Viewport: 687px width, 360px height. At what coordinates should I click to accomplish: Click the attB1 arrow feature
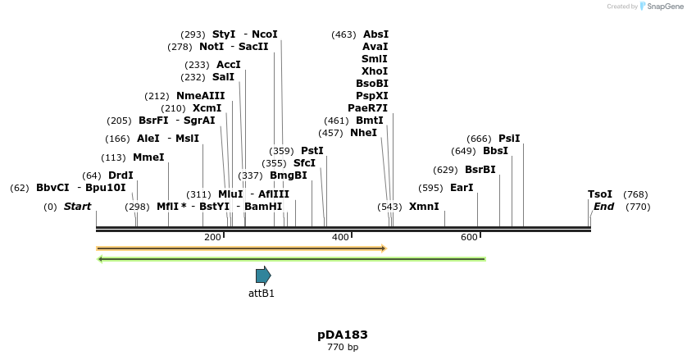(262, 276)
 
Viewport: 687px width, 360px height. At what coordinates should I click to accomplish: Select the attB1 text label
(262, 294)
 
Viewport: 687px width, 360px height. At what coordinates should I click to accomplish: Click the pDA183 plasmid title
(343, 335)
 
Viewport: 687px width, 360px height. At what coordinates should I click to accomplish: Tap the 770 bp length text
(343, 348)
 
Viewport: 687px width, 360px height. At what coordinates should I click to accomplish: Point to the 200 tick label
(212, 237)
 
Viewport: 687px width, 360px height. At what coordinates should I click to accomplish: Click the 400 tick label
(340, 237)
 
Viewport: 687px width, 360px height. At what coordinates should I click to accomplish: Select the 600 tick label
(469, 237)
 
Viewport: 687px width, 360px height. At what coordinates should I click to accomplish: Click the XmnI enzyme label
(424, 207)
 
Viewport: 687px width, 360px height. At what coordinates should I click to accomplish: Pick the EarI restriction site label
(462, 188)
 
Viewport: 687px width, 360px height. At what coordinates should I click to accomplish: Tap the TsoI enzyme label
(600, 194)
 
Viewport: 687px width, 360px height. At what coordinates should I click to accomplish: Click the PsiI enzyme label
(509, 139)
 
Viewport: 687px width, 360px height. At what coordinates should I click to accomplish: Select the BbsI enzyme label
(495, 151)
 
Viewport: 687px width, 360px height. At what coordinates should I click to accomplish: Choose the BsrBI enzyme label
(480, 170)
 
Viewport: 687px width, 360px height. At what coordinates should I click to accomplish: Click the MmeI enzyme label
(148, 157)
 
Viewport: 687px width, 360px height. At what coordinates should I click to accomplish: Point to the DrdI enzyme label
(121, 175)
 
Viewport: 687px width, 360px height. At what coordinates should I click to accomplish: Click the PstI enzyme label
(312, 151)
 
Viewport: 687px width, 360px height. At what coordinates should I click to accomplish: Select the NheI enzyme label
(363, 133)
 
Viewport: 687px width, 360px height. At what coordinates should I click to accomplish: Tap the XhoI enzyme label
(375, 71)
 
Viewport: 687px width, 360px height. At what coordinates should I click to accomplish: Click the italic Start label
(78, 207)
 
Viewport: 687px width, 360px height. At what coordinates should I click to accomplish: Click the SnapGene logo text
(662, 7)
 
